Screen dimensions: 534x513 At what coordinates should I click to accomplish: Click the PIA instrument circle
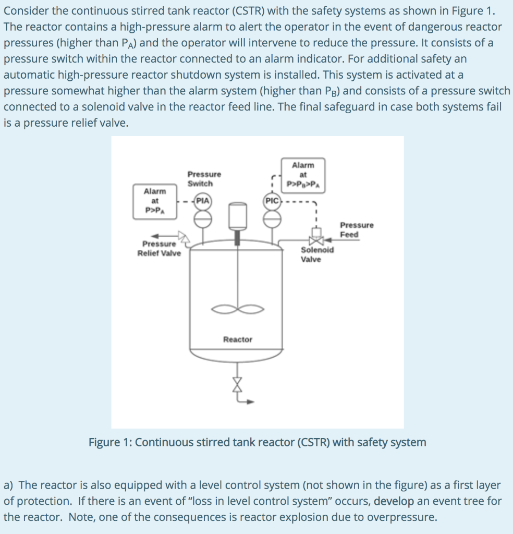203,201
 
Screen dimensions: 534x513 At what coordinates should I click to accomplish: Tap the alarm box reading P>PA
155,201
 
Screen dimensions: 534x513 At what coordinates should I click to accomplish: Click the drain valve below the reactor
237,385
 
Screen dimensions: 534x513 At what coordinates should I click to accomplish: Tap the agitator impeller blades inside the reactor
237,309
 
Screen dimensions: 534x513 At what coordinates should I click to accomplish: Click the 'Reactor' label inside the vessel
237,339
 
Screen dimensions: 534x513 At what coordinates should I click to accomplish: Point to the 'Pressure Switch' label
204,178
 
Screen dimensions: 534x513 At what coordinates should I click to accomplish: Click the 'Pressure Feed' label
357,229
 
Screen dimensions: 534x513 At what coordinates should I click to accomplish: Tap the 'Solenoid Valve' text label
317,254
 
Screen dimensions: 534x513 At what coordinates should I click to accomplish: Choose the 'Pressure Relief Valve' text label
159,248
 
